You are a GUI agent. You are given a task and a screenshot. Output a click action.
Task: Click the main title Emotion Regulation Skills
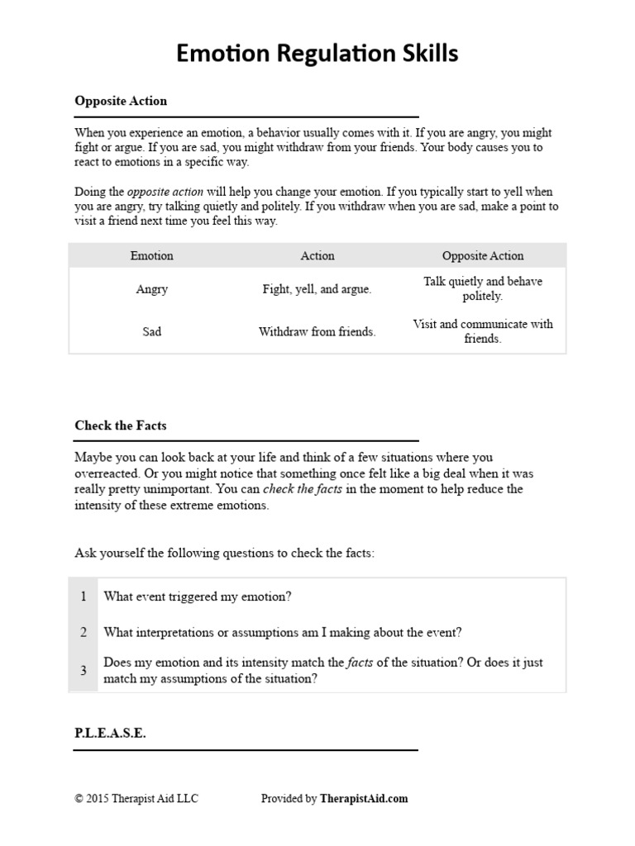tap(317, 54)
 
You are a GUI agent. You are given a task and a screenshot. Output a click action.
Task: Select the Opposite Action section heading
tap(121, 101)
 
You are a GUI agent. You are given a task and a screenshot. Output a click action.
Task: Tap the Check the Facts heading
tap(120, 425)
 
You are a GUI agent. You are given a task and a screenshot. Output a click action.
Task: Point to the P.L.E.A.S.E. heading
tap(110, 733)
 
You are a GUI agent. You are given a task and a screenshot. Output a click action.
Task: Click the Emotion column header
tap(152, 256)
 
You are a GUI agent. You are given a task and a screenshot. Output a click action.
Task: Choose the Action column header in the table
tap(317, 256)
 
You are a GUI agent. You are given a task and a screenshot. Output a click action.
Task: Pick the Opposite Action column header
tap(483, 256)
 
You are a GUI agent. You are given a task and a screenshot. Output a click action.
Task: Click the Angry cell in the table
tap(152, 289)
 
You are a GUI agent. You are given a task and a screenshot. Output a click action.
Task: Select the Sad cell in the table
tap(152, 332)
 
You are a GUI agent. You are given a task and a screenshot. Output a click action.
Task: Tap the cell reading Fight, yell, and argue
tap(317, 289)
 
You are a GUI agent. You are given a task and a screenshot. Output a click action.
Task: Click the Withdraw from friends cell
tap(317, 332)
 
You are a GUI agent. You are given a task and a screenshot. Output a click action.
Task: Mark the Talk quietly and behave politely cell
tap(483, 288)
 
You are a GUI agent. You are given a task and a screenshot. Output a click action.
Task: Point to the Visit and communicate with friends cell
tap(483, 331)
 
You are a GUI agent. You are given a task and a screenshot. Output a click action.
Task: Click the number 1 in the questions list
tap(84, 596)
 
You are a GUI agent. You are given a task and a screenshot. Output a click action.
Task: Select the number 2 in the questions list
tap(84, 633)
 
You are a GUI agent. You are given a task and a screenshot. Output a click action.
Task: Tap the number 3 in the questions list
tap(84, 671)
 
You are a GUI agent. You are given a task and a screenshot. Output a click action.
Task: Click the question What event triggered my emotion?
tap(198, 596)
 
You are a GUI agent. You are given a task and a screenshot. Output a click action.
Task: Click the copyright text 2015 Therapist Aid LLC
tap(136, 799)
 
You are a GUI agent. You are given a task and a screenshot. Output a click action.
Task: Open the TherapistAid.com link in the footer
tap(364, 799)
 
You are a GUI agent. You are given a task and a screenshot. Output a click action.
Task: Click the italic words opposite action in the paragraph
tap(165, 192)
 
